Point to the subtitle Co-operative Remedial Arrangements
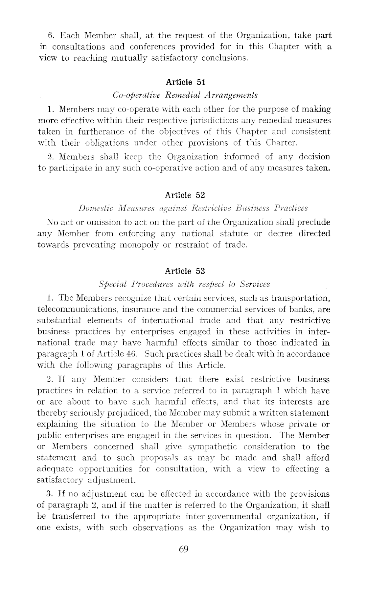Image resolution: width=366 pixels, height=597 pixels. pyautogui.click(x=185, y=95)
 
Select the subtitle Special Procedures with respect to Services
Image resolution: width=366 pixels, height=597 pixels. pyautogui.click(x=184, y=284)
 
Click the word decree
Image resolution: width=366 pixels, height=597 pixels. pyautogui.click(x=280, y=234)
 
